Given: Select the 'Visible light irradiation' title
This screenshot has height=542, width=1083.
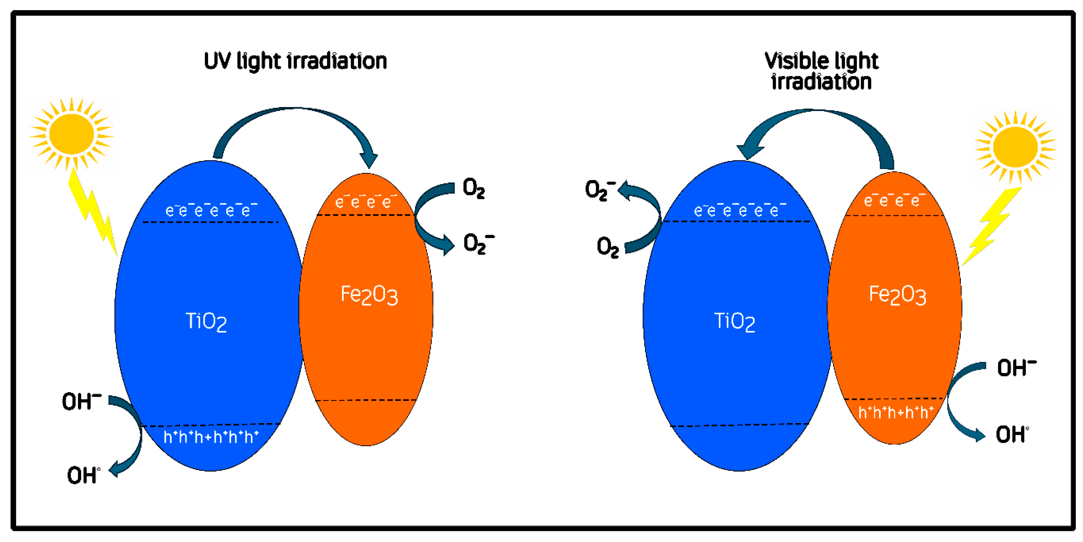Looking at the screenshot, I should click(x=821, y=71).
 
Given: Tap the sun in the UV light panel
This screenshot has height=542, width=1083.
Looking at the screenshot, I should click(x=72, y=134).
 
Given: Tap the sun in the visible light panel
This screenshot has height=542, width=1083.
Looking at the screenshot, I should click(x=1015, y=147).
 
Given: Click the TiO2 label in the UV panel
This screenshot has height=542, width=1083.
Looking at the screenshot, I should click(x=206, y=322).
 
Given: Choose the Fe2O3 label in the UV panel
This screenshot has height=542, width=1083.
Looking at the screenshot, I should click(x=369, y=295).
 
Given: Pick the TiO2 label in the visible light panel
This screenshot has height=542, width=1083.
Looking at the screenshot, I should click(x=735, y=322).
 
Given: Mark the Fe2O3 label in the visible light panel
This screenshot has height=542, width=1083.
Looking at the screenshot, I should click(x=897, y=295).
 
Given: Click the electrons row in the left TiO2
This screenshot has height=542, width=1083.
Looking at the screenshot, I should click(x=211, y=210).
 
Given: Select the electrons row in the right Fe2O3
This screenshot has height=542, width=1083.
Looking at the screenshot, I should click(x=894, y=201).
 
